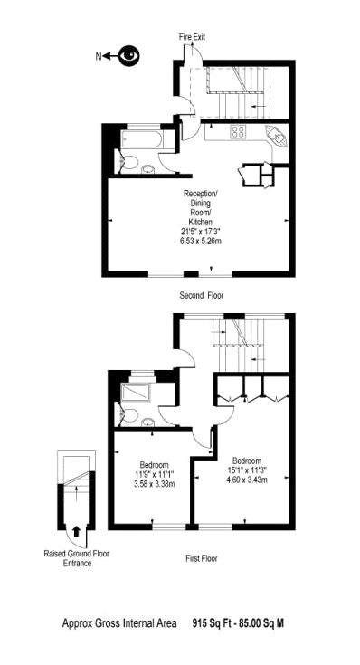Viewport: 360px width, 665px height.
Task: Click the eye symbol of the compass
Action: pyautogui.click(x=129, y=55)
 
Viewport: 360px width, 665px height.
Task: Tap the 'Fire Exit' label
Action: pyautogui.click(x=192, y=37)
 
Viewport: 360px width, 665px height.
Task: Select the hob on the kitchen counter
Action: pyautogui.click(x=238, y=132)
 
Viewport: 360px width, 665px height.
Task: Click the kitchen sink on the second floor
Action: pyautogui.click(x=277, y=136)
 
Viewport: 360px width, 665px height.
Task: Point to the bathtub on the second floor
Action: pyautogui.click(x=141, y=139)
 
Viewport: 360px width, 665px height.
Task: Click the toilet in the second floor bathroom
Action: pyautogui.click(x=129, y=163)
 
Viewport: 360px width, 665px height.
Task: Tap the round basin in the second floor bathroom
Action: pyautogui.click(x=147, y=169)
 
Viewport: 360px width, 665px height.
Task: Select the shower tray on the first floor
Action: pyautogui.click(x=136, y=392)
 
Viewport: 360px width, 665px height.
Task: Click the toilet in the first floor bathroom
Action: pyautogui.click(x=129, y=415)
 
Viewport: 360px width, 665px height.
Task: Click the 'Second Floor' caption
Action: pyautogui.click(x=202, y=296)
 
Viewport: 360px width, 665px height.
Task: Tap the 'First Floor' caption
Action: pyautogui.click(x=202, y=558)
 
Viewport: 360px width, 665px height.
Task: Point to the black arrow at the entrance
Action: pyautogui.click(x=76, y=531)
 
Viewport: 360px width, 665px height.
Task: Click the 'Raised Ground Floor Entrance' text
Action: pyautogui.click(x=77, y=558)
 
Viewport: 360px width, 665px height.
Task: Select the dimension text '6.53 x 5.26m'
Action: pyautogui.click(x=201, y=242)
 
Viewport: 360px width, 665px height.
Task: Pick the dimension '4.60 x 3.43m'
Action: pyautogui.click(x=247, y=480)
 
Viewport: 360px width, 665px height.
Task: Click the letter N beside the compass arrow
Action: pyautogui.click(x=99, y=56)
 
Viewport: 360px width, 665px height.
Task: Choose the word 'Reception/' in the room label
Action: pyautogui.click(x=201, y=194)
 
